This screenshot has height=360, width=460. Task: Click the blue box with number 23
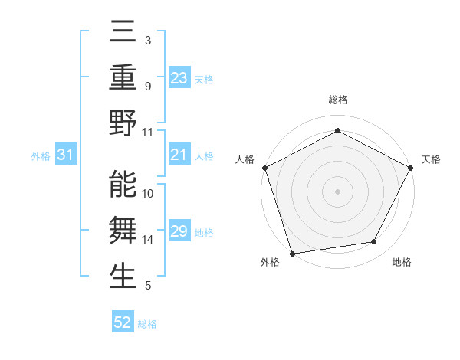point(179,78)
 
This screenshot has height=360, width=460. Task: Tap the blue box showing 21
point(179,155)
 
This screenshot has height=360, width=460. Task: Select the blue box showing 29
point(179,231)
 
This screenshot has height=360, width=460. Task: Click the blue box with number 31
point(65,155)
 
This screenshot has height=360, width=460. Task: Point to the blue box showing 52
point(123,322)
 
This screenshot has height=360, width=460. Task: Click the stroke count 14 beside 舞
point(149,240)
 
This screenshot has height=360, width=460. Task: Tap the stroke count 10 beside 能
point(149,194)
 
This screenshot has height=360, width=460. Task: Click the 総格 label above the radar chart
point(337,100)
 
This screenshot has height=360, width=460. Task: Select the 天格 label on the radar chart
point(431,159)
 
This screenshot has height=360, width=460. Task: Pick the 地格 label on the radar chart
point(402,262)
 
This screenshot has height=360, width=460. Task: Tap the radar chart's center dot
point(337,191)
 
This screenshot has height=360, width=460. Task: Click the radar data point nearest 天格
point(411,167)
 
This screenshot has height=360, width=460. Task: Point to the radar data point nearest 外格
point(292,253)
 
